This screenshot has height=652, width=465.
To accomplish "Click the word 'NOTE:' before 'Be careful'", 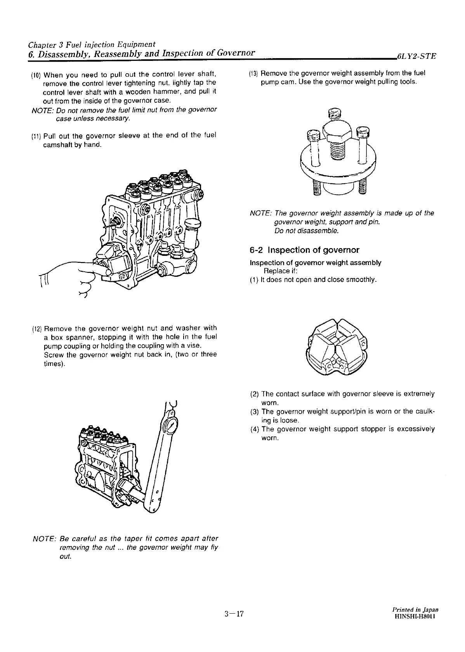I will pos(44,539).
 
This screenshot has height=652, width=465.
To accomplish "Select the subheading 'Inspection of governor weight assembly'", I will pos(315,263).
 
